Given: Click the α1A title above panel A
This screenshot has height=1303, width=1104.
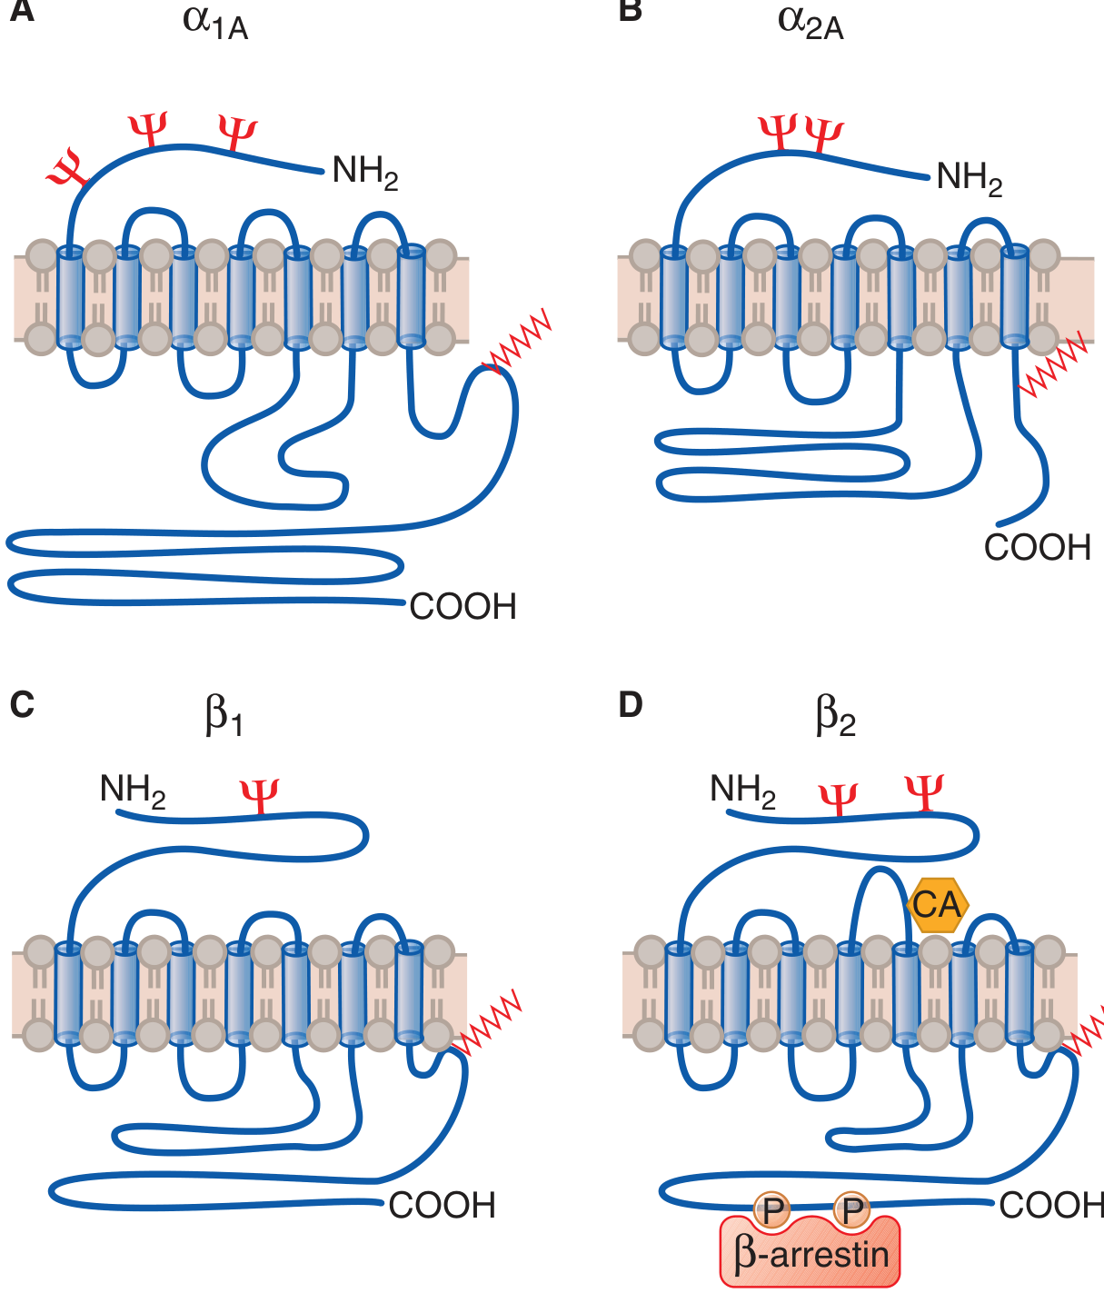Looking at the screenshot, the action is point(215,25).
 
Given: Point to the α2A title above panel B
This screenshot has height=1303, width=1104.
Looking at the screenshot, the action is point(811,25).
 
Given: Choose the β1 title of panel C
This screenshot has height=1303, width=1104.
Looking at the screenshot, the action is point(224,716).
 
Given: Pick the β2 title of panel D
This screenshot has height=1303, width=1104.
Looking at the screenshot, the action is point(835,716).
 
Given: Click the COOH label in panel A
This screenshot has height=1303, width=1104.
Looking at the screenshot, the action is point(462,606).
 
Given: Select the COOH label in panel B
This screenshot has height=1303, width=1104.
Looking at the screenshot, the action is point(1037,547).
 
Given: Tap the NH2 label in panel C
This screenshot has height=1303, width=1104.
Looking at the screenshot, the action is point(133,791).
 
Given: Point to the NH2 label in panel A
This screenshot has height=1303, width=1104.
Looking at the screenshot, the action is point(365,172).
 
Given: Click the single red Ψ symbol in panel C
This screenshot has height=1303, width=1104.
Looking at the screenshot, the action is point(259,797).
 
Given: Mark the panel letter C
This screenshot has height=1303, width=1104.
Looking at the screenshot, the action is point(22,705).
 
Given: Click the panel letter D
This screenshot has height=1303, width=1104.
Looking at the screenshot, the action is point(631,705).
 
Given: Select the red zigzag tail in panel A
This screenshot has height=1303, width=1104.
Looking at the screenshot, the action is point(517,341).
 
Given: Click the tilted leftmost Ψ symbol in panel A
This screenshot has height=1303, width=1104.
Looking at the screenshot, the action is point(67,168).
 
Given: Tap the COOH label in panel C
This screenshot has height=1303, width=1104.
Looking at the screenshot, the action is point(442,1205).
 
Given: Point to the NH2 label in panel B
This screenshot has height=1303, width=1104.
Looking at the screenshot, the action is point(970,178).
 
